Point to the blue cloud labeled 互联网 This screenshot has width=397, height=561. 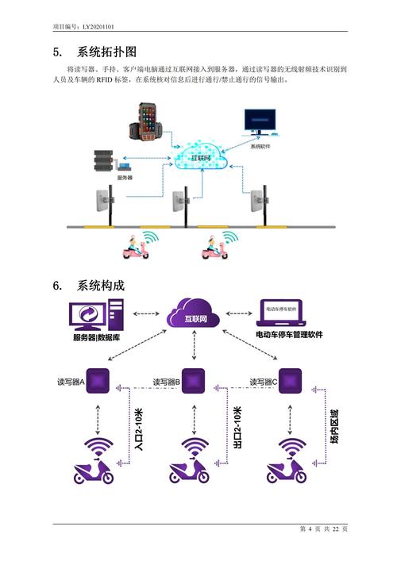198,158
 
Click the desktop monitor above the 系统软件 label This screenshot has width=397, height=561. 261,125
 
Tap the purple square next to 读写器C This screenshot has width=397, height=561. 292,381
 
